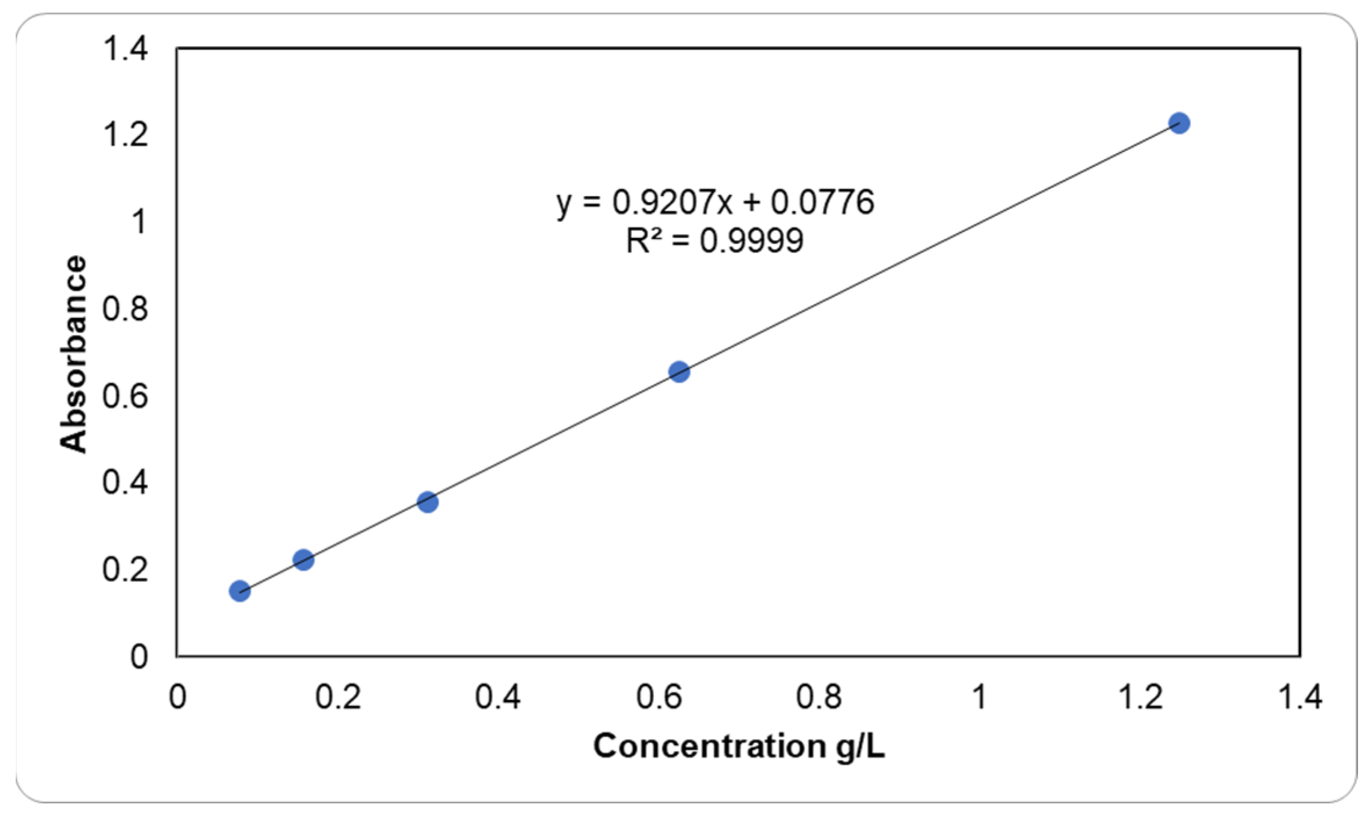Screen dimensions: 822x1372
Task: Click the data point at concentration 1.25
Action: tap(1179, 123)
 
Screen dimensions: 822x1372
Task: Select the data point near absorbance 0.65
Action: tap(679, 372)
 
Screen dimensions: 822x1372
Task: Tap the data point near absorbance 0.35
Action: tap(427, 502)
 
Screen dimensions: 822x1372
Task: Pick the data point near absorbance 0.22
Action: tap(303, 560)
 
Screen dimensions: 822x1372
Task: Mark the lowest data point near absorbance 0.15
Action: tap(239, 591)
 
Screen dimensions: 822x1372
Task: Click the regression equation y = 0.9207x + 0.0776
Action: tap(715, 202)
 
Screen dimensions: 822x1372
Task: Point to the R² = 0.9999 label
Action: tap(715, 241)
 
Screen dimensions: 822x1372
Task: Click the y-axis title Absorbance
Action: tap(74, 354)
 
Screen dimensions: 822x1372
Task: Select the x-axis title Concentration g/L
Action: tap(738, 746)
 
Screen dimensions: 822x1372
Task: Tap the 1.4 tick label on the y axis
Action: tap(125, 48)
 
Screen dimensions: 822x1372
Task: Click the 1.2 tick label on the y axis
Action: tap(125, 135)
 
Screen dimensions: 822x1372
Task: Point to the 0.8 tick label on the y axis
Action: tap(125, 309)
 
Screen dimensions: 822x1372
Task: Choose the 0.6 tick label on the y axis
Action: tap(125, 396)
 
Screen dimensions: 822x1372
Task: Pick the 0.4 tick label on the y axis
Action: tap(125, 483)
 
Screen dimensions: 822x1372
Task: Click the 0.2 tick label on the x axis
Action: tap(337, 697)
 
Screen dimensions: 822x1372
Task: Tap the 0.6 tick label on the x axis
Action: tap(659, 697)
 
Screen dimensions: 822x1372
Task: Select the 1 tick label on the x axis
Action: tap(979, 697)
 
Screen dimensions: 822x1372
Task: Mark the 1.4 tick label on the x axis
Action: tap(1300, 697)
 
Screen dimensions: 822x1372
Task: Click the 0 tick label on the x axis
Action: tap(177, 697)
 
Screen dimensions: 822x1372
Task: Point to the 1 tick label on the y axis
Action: tap(139, 222)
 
